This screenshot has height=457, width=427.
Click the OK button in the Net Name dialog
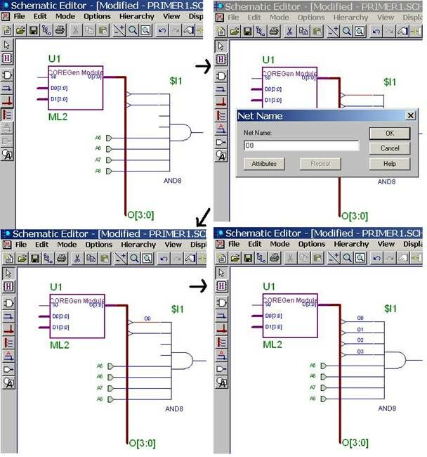pyautogui.click(x=389, y=132)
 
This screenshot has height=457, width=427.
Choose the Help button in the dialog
pyautogui.click(x=389, y=164)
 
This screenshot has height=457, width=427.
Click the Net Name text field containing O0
pyautogui.click(x=301, y=146)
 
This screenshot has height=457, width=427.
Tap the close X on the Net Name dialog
pyautogui.click(x=410, y=115)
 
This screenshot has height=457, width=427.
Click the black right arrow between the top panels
pyautogui.click(x=204, y=67)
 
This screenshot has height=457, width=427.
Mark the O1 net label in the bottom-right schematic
pyautogui.click(x=360, y=329)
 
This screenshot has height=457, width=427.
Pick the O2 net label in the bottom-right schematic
pyautogui.click(x=360, y=340)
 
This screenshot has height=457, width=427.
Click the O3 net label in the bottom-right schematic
pyautogui.click(x=360, y=351)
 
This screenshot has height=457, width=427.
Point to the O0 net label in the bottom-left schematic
pyautogui.click(x=147, y=318)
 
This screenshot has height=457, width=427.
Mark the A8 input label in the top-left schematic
pyautogui.click(x=98, y=171)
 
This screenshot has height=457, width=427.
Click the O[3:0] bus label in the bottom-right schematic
pyautogui.click(x=355, y=443)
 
